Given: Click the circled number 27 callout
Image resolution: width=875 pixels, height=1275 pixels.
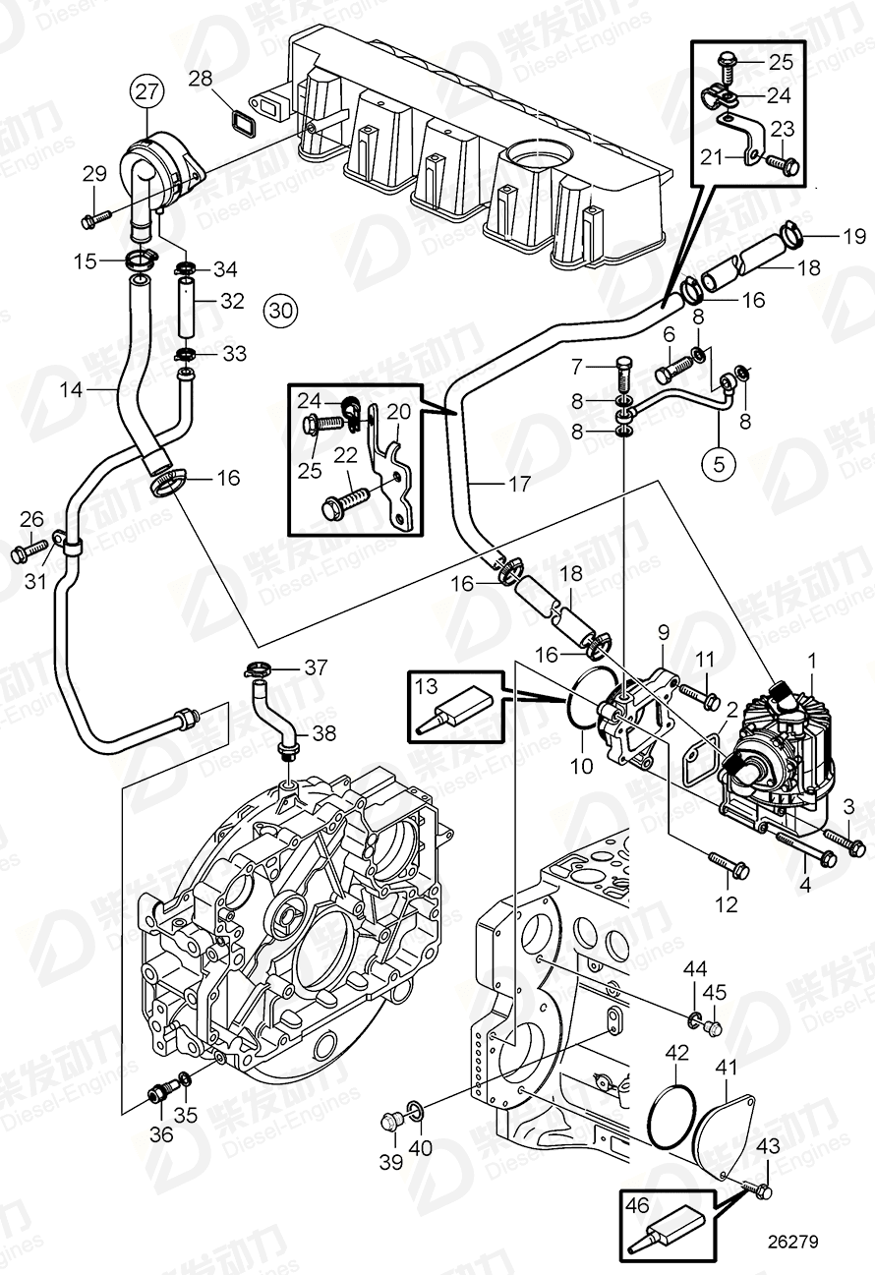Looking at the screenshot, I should [146, 93].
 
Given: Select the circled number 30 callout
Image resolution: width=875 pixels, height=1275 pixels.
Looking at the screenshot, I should [280, 312].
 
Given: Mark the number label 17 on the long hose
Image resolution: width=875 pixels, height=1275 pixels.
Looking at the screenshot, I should [520, 484].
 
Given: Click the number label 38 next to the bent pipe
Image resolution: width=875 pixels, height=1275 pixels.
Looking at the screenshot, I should [322, 732].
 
